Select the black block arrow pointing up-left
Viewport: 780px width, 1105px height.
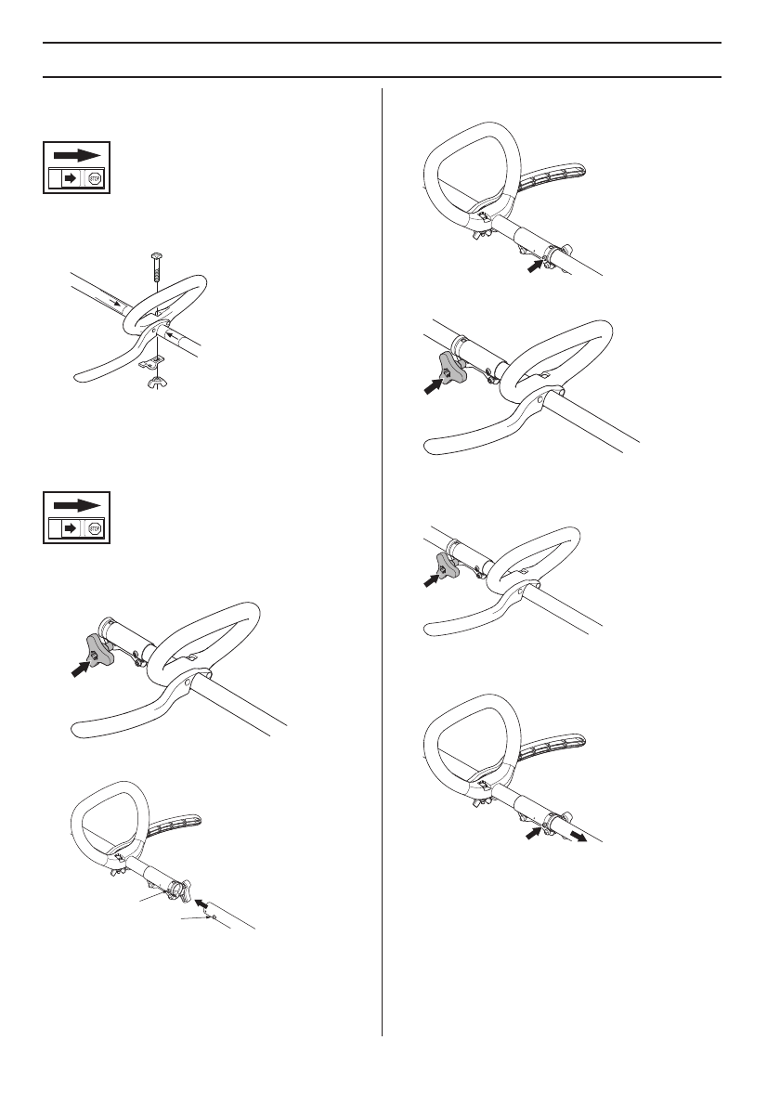click(201, 902)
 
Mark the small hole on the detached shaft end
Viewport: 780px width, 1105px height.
click(212, 916)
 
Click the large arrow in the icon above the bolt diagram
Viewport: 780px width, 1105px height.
click(76, 153)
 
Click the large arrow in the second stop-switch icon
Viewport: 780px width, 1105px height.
click(76, 505)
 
